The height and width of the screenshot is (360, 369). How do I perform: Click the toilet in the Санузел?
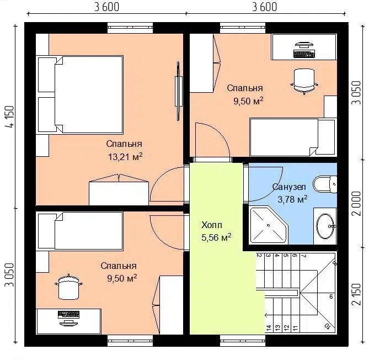click(x=325, y=184)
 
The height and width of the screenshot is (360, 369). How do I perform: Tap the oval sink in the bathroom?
click(x=325, y=226)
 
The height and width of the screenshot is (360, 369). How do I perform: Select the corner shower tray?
click(x=269, y=225)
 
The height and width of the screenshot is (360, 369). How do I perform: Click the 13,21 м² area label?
click(x=125, y=157)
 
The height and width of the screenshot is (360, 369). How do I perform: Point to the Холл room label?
click(x=212, y=225)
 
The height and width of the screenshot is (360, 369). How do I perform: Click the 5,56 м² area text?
click(x=216, y=237)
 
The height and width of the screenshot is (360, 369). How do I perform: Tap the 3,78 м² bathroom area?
click(x=292, y=199)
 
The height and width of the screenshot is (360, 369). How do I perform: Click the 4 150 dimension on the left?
click(x=10, y=117)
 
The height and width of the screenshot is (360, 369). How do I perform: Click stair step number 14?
click(x=269, y=327)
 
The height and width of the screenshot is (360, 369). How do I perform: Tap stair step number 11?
click(x=295, y=327)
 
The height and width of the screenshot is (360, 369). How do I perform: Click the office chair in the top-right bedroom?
click(x=304, y=81)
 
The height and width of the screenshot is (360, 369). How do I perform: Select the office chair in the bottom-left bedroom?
click(x=68, y=287)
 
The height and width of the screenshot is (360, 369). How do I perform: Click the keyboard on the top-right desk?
click(x=304, y=54)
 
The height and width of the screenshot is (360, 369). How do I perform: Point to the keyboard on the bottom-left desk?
click(x=68, y=314)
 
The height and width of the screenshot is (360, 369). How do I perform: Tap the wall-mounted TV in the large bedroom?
click(x=178, y=91)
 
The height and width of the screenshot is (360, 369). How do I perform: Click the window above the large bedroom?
click(x=130, y=28)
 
